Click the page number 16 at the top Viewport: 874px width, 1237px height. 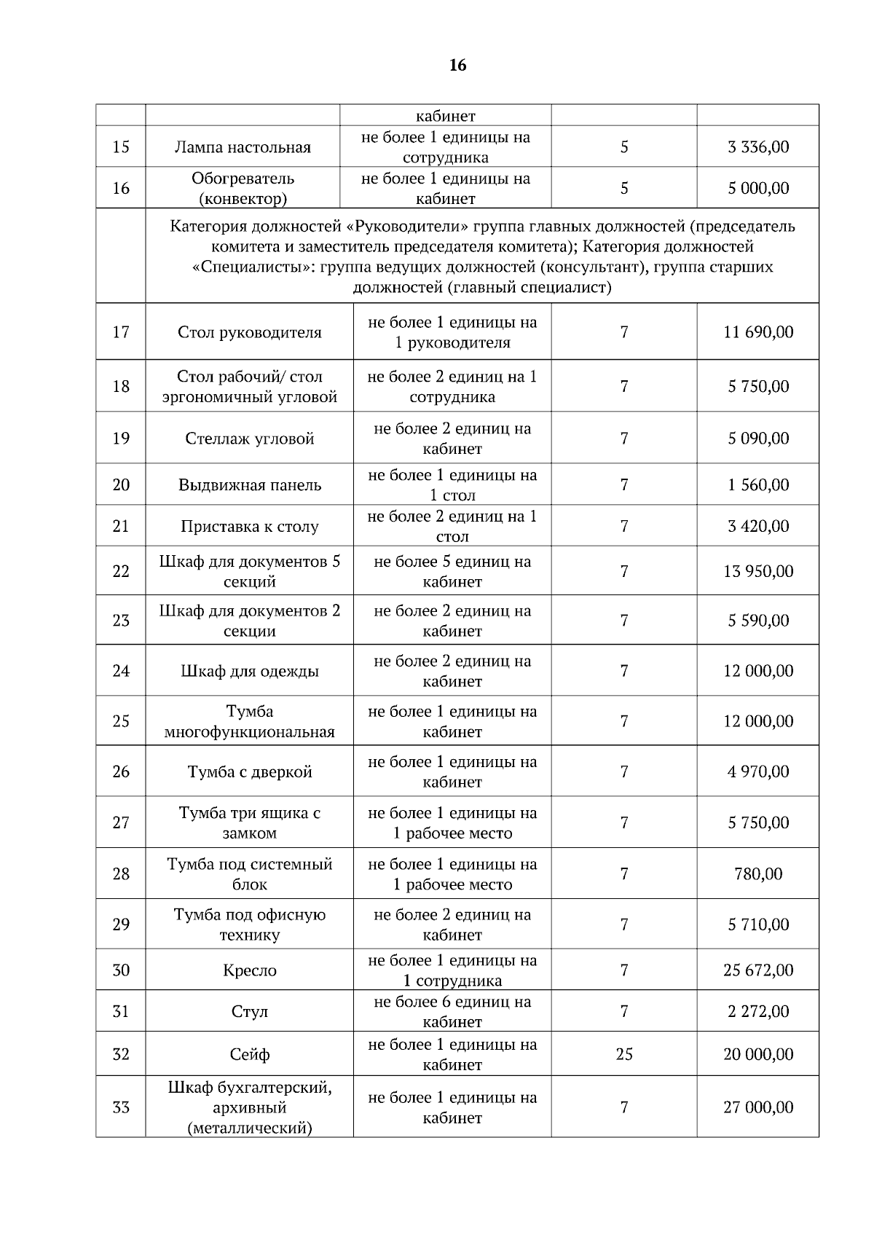click(457, 66)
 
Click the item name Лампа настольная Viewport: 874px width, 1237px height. click(243, 147)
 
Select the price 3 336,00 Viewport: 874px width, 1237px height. click(757, 147)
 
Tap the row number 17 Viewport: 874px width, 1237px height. click(121, 332)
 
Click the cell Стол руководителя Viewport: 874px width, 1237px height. click(249, 333)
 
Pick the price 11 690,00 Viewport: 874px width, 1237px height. click(757, 332)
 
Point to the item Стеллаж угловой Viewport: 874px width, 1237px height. click(249, 439)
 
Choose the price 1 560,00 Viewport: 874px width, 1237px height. click(757, 485)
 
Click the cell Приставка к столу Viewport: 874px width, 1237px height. click(249, 527)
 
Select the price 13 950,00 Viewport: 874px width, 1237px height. click(757, 572)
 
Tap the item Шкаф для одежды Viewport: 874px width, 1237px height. click(249, 671)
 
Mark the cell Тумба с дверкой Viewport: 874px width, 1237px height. click(249, 772)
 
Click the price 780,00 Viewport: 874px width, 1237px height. click(757, 874)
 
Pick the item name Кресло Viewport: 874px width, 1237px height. click(249, 970)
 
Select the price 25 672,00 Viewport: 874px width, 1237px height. click(757, 970)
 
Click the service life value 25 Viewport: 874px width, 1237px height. click(623, 1054)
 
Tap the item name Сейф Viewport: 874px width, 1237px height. click(249, 1055)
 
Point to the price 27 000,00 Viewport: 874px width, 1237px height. click(757, 1107)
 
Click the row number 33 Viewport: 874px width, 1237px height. click(121, 1107)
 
